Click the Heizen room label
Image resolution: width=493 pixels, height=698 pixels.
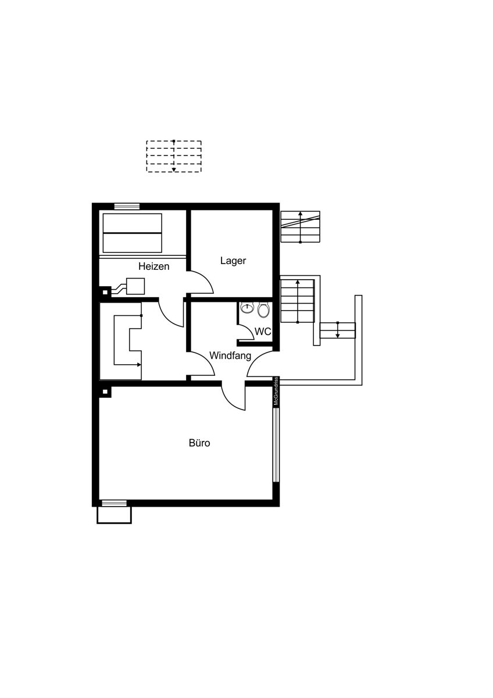click(154, 266)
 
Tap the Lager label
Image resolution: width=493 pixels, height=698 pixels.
click(233, 261)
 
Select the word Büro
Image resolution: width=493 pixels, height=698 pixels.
click(199, 443)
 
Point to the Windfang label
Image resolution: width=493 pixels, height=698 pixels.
click(230, 355)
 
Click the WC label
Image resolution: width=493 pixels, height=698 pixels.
click(263, 332)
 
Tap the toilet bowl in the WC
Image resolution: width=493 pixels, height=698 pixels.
click(263, 310)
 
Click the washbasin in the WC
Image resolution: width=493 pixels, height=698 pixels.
click(247, 308)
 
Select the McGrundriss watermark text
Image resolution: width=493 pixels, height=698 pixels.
click(276, 391)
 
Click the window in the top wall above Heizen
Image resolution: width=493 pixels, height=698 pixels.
click(127, 206)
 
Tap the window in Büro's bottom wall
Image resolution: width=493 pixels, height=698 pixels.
click(115, 503)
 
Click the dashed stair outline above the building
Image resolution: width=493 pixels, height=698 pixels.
click(174, 156)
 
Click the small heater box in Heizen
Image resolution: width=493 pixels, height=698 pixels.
click(135, 286)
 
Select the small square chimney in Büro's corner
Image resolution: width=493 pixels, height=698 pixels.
click(105, 391)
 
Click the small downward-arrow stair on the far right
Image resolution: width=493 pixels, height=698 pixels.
click(338, 330)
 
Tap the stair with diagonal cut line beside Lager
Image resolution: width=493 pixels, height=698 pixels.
click(300, 227)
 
